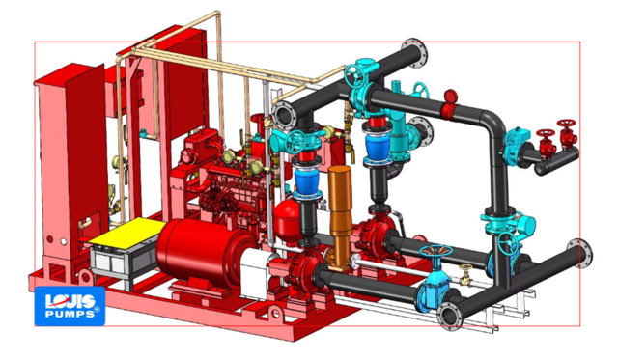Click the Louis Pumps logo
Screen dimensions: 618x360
tap(70, 306)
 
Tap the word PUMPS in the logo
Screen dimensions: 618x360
tap(70, 314)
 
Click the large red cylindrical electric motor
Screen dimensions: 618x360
tap(205, 248)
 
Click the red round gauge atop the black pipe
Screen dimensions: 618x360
tap(451, 97)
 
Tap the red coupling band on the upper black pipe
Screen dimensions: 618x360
tap(448, 111)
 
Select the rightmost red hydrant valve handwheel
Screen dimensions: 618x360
tap(567, 124)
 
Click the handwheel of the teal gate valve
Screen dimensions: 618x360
tap(435, 252)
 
